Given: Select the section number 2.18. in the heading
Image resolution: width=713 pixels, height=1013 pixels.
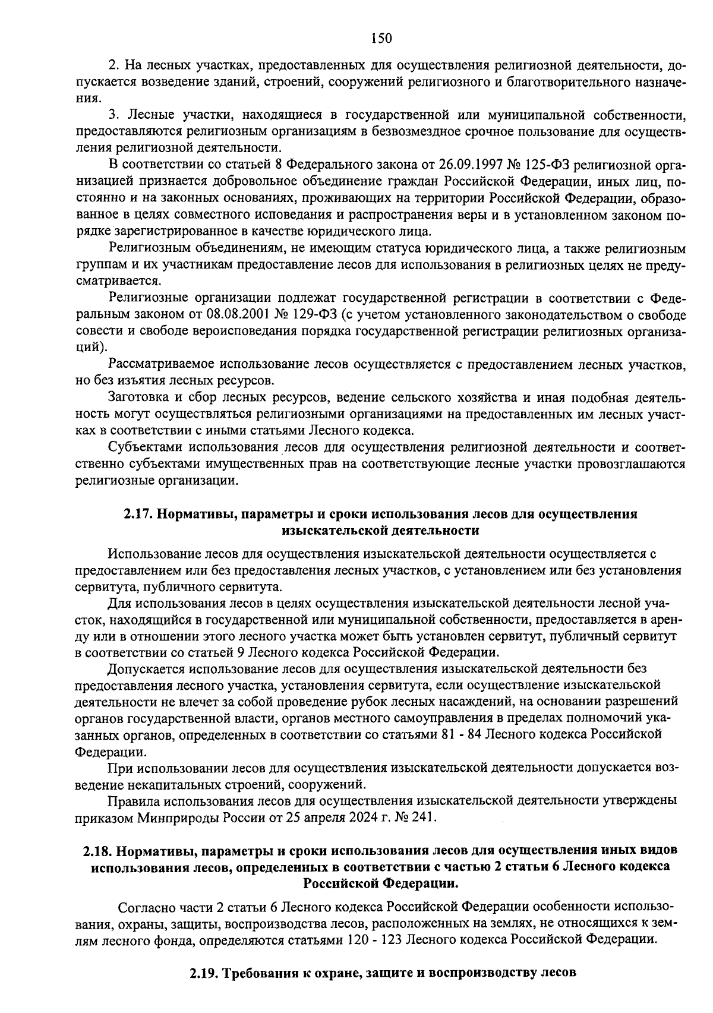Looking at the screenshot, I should click(97, 851).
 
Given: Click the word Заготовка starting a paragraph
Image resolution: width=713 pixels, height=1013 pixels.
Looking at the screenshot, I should click(136, 397).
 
